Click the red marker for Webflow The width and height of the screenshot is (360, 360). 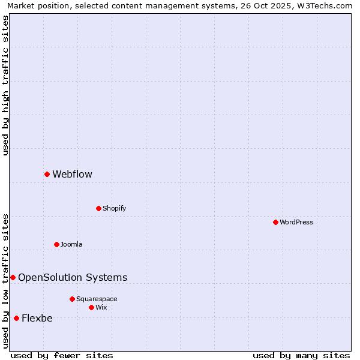point(47,174)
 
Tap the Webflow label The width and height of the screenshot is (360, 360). point(72,174)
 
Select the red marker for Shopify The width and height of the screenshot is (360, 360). point(98,208)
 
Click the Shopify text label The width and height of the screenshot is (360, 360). point(114,208)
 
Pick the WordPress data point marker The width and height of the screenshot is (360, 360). point(275,222)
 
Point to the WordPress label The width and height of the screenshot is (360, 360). point(296,222)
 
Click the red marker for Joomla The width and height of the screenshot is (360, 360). point(56,244)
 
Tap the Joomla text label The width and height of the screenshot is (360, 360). point(71,244)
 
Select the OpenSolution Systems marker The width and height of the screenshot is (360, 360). point(13,277)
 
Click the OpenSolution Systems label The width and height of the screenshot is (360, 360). point(73,277)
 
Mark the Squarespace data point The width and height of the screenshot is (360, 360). point(72,299)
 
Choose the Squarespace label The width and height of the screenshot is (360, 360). point(97,299)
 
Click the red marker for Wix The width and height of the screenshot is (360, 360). point(91,307)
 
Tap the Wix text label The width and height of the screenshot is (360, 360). point(101,307)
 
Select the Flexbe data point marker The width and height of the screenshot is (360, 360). point(16,318)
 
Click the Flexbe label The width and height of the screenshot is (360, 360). point(37,318)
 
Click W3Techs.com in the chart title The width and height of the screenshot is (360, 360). point(325,5)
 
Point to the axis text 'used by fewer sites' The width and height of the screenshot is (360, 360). point(62,355)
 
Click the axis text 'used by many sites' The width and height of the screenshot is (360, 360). point(301,355)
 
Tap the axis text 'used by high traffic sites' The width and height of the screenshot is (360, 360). point(5,85)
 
